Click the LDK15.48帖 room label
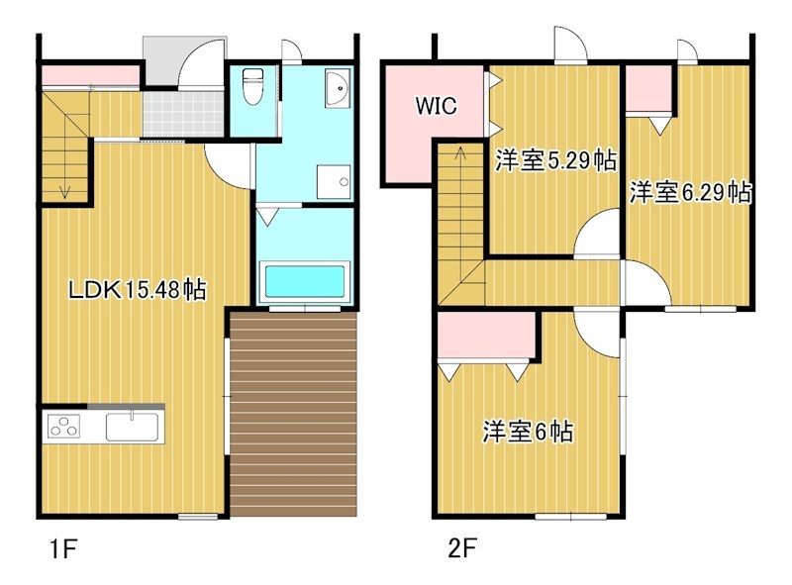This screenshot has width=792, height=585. [x=137, y=290]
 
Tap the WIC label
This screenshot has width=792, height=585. [x=436, y=106]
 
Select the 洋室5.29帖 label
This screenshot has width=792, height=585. [x=555, y=160]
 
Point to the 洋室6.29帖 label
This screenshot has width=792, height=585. [x=690, y=192]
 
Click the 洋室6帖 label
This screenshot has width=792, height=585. [x=528, y=432]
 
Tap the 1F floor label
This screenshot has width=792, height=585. [x=63, y=549]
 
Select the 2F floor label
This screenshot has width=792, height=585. [x=462, y=548]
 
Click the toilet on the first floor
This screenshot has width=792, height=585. [x=251, y=86]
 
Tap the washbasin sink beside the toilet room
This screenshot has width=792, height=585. [x=338, y=88]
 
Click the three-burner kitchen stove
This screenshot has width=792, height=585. [x=63, y=426]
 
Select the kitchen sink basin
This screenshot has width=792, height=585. [x=133, y=427]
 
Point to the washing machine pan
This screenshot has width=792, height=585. [x=334, y=182]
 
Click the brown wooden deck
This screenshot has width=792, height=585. [x=293, y=414]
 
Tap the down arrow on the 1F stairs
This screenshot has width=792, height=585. [x=64, y=191]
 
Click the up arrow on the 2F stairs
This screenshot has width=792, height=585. [x=460, y=152]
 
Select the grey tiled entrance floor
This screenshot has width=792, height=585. [x=183, y=114]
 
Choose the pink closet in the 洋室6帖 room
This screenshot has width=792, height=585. [x=486, y=336]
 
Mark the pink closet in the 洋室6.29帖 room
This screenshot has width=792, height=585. [x=649, y=87]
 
